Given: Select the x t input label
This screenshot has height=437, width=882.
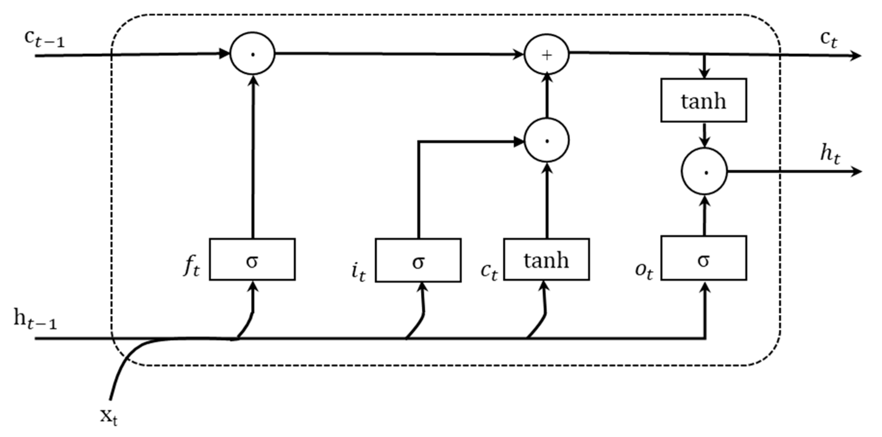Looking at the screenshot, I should click(109, 417).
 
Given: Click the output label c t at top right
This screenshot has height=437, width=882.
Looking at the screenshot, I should click(829, 39).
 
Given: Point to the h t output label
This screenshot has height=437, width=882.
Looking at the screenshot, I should click(830, 155).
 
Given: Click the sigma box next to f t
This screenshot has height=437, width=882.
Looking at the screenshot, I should click(252, 259).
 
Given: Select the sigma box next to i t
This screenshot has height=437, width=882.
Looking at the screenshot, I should click(418, 260).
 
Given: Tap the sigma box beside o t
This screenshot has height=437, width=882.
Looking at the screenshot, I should click(704, 258).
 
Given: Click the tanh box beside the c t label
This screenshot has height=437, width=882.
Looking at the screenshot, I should click(546, 259).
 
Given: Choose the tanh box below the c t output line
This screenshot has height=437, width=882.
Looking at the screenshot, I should click(704, 100).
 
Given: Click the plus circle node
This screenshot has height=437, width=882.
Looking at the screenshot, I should click(546, 54).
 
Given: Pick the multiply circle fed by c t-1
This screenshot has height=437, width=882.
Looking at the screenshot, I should click(252, 54).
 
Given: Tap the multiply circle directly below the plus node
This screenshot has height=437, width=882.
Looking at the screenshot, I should click(546, 140).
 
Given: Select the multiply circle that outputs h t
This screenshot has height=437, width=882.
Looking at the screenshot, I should click(704, 171).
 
